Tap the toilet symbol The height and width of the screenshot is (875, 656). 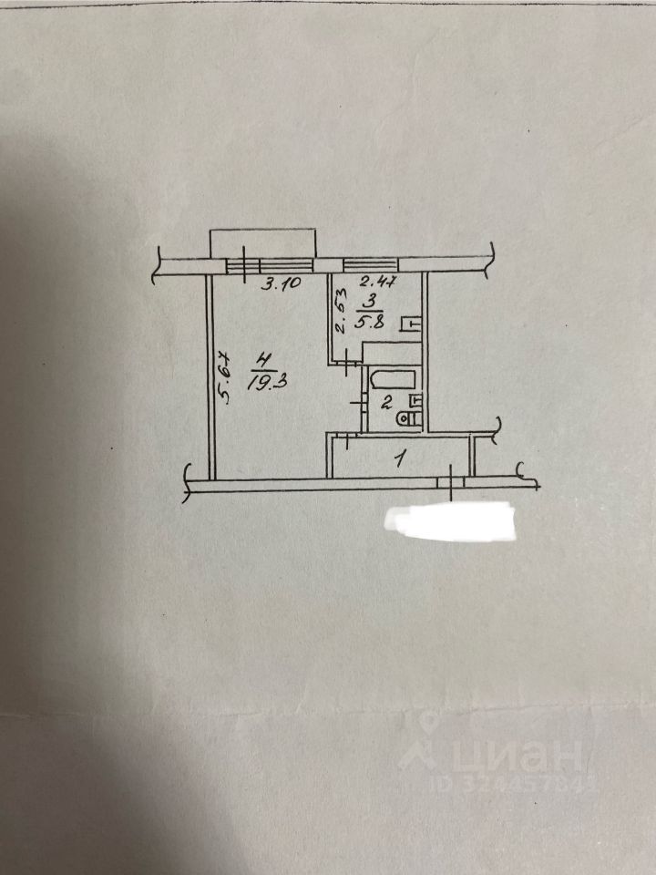[x=410, y=418]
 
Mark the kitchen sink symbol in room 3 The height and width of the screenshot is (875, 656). [x=413, y=322]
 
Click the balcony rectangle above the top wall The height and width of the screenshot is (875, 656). [x=263, y=243]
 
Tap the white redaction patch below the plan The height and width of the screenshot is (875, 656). [x=450, y=523]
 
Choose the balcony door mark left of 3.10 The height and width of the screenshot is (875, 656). [x=244, y=264]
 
